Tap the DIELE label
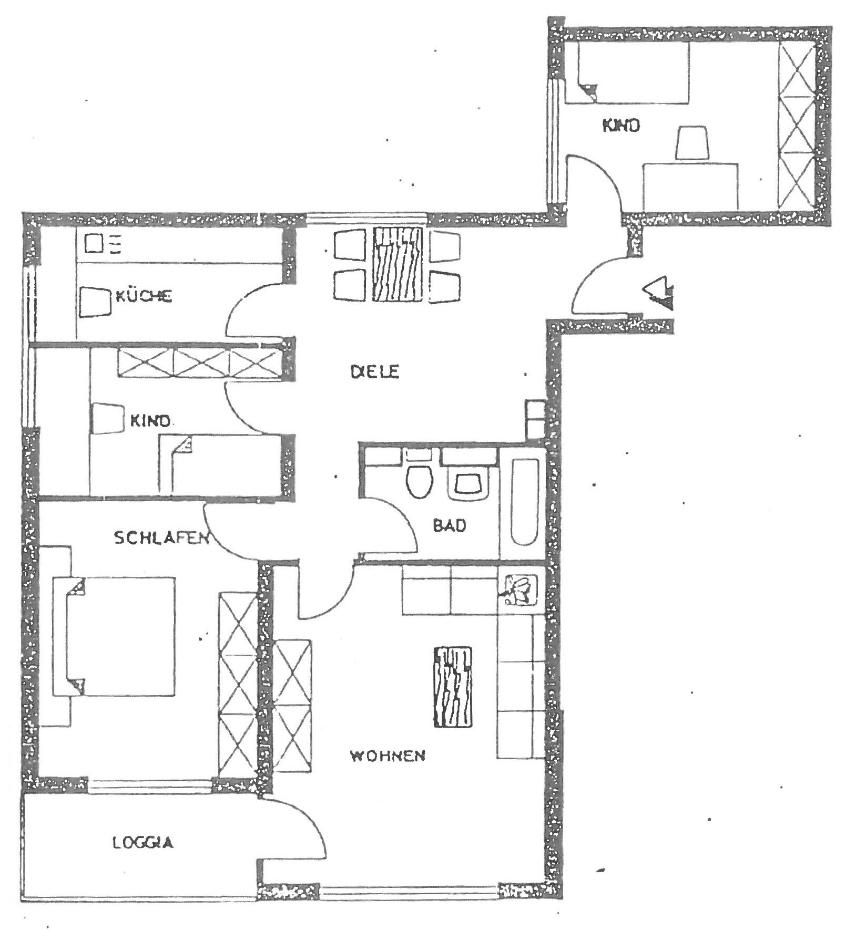tap(375, 372)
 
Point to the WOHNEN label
tap(388, 756)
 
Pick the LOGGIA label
tap(143, 843)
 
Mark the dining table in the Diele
tap(398, 265)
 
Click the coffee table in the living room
tap(452, 687)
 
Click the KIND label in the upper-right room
tap(621, 126)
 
